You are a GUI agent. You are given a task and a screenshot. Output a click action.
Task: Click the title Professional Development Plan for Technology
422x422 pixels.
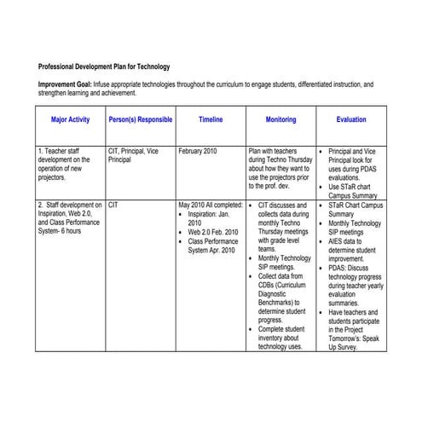[104, 66]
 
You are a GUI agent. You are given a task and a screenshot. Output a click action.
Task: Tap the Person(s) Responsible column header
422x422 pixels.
[141, 120]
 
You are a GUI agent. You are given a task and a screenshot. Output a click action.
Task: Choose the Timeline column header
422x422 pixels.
[211, 120]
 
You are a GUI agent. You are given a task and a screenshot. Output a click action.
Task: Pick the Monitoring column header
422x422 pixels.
[280, 120]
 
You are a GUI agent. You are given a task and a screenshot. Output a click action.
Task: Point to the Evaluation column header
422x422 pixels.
[351, 120]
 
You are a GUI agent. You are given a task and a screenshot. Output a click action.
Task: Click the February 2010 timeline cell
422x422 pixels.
[198, 151]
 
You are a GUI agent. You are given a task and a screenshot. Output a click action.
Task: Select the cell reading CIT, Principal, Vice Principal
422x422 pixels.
[133, 155]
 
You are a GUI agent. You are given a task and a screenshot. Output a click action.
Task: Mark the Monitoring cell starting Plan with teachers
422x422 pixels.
[280, 168]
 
